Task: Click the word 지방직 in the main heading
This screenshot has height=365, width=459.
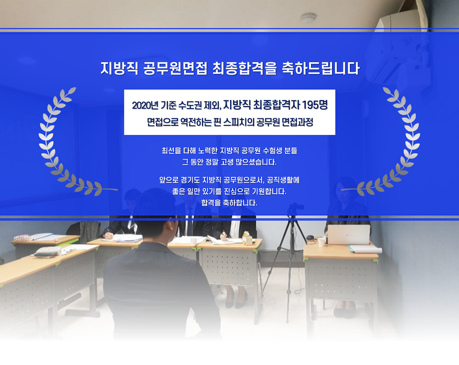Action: tap(119, 68)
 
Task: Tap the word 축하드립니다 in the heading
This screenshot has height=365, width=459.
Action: tap(321, 68)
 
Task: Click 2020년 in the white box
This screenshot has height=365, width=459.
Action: tap(145, 106)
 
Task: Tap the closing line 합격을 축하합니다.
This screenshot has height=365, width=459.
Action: tap(229, 202)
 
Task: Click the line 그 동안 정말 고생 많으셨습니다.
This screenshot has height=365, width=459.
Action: tap(229, 162)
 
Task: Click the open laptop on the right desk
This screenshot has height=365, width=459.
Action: tap(349, 234)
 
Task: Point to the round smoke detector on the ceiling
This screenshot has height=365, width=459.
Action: tap(308, 17)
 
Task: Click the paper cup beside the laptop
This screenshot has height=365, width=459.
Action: tap(321, 242)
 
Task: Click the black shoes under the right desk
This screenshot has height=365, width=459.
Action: tap(344, 313)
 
